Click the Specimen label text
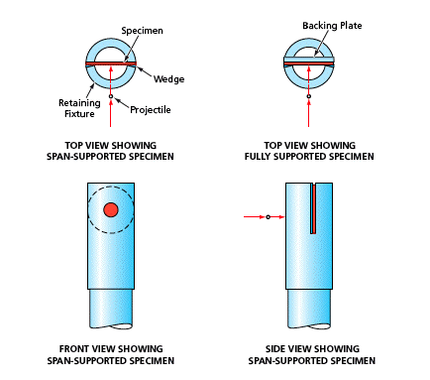pos(142,31)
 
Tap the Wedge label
pos(168,79)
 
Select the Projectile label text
pos(151,110)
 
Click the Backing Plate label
pos(332,26)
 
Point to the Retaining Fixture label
pos(79,108)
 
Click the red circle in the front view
pos(111,209)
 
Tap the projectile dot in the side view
pos(269,217)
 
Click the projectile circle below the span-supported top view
pos(111,96)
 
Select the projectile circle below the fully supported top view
pos(309,96)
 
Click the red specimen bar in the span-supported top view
pos(111,63)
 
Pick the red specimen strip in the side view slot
pos(313,208)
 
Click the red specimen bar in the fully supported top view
pos(309,63)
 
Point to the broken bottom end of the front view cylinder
pos(111,325)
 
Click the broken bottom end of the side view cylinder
pos(309,325)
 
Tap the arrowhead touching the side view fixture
pos(281,217)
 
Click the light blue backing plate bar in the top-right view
pos(309,60)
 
